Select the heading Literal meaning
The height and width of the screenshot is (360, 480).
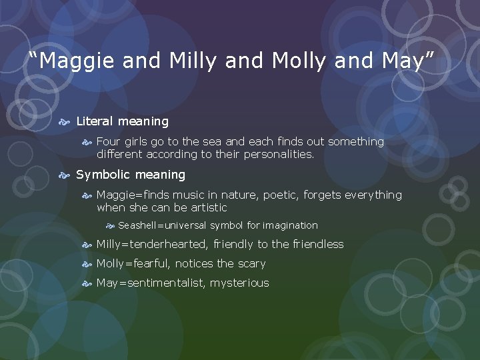[x=122, y=121]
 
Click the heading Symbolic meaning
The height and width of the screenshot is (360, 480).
[x=131, y=175]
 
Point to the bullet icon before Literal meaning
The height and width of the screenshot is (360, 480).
[x=65, y=122]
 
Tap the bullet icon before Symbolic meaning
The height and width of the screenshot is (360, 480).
[x=65, y=175]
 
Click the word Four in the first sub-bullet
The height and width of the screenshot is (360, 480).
[x=109, y=141]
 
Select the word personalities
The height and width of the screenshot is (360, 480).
[x=277, y=154]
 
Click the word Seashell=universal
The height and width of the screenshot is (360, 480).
[x=162, y=225]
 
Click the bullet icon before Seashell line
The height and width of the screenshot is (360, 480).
[x=111, y=225]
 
